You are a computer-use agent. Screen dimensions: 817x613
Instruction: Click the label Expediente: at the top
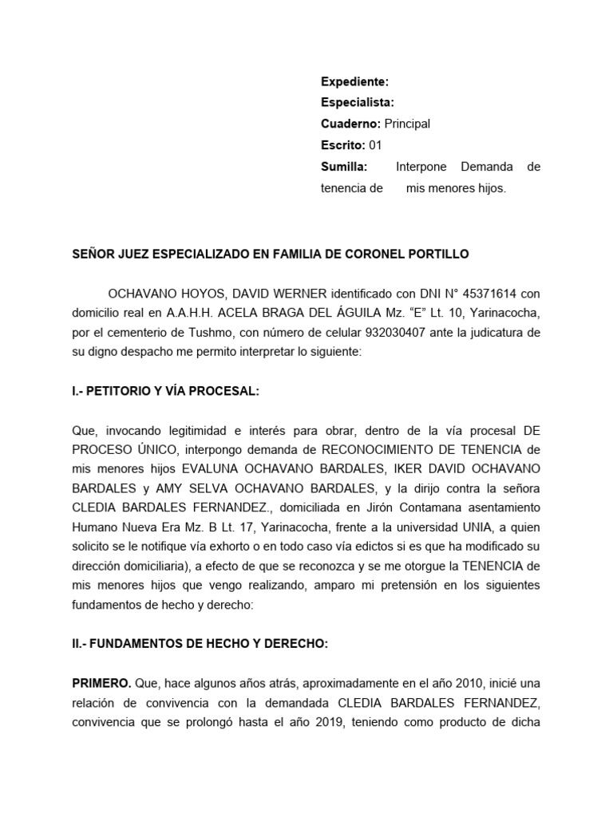coord(354,81)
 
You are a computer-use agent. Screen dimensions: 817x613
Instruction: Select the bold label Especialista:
coord(357,103)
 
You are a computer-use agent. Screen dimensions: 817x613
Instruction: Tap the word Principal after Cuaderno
coord(407,124)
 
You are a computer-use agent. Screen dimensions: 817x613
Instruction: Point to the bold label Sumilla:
coord(344,167)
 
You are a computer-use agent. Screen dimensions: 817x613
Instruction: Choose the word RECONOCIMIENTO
coord(386,449)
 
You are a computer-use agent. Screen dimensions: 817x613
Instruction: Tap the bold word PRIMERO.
coord(101,684)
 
